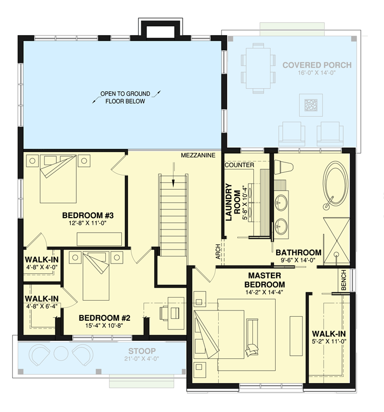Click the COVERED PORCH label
tap(317, 65)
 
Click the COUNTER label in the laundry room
tap(239, 165)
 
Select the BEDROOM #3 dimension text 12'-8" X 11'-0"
tap(87, 223)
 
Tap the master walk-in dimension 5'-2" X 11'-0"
tap(329, 341)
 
